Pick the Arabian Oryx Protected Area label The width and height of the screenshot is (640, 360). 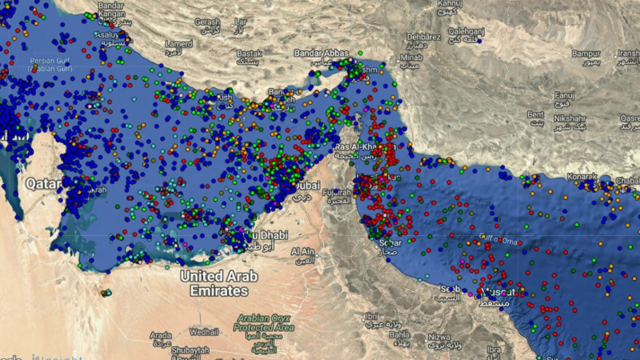264,323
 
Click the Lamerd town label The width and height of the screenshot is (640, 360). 179,43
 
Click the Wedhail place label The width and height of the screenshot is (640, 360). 204,330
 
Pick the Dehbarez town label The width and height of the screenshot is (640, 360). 425,36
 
